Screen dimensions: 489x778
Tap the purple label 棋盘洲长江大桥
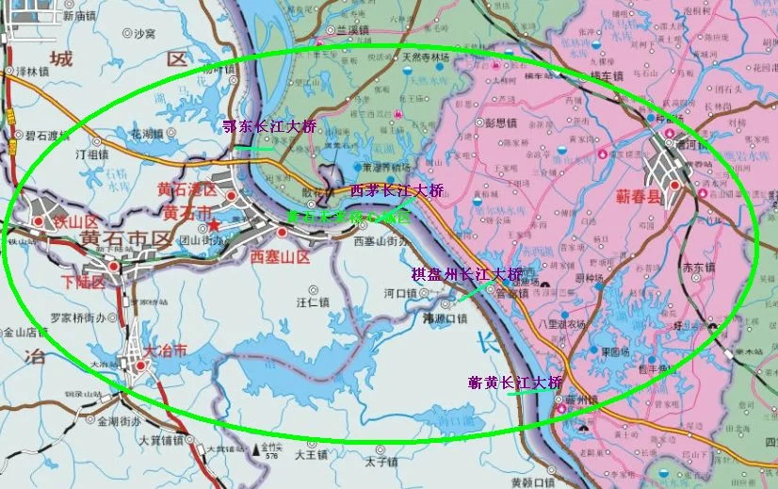point(465,274)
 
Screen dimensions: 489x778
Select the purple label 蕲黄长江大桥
point(514,383)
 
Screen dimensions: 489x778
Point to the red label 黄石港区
point(187,190)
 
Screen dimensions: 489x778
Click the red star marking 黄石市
point(215,225)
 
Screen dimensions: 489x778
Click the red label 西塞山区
point(280,256)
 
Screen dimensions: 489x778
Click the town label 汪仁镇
point(312,302)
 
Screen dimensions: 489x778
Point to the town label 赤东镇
point(696,267)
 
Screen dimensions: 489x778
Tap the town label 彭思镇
point(500,122)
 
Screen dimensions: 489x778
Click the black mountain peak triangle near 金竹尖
point(255,449)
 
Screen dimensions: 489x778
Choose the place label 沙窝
point(143,33)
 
